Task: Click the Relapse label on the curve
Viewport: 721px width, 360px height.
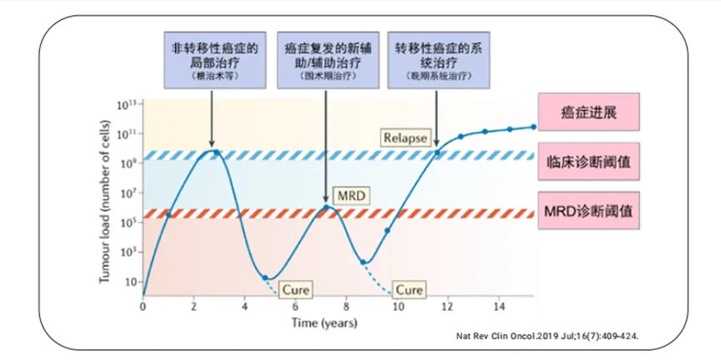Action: (405, 137)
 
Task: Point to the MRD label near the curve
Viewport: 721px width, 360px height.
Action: (350, 195)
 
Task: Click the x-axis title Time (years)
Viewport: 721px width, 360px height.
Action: (324, 322)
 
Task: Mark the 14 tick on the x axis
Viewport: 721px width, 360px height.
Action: (500, 307)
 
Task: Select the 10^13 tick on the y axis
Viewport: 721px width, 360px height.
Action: (128, 105)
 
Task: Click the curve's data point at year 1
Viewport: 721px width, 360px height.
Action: (168, 215)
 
